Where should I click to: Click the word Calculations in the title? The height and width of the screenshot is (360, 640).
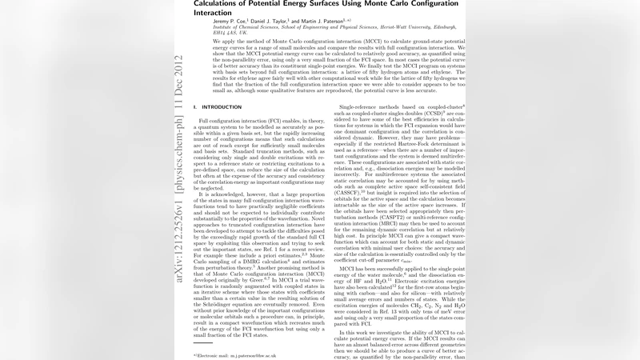click(x=218, y=4)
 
